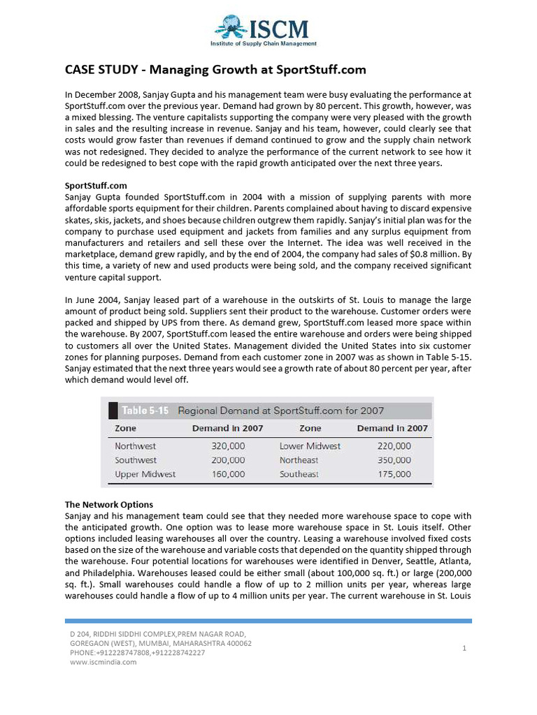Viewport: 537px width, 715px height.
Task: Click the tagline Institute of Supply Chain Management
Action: click(x=264, y=43)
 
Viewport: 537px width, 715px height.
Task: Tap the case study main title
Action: click(x=215, y=70)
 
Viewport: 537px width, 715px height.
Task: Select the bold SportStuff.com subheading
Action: click(x=96, y=186)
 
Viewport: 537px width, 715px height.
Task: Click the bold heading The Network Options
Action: click(x=108, y=504)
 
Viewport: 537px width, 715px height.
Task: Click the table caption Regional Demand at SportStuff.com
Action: click(x=280, y=411)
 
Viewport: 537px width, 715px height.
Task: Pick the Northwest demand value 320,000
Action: click(x=228, y=445)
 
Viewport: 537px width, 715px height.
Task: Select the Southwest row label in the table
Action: click(x=136, y=460)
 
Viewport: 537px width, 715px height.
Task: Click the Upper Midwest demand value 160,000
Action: click(x=228, y=474)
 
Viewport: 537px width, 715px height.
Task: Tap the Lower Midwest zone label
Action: click(x=310, y=445)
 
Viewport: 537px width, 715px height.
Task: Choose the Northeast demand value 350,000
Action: click(x=394, y=460)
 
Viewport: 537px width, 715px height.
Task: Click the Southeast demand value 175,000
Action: click(x=394, y=474)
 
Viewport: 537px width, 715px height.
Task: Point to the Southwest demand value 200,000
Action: click(x=228, y=460)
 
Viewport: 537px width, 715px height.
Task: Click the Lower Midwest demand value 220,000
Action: click(x=394, y=445)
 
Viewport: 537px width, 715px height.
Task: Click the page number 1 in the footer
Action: click(x=464, y=649)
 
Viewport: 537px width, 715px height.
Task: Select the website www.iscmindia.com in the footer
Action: click(x=103, y=662)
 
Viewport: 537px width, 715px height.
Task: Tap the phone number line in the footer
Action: click(x=136, y=652)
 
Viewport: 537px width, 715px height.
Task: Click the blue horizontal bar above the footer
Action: click(x=268, y=620)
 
